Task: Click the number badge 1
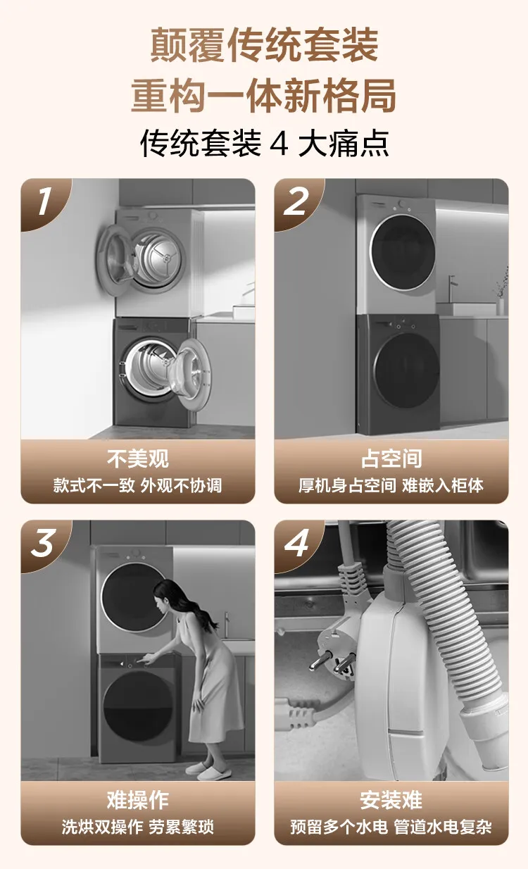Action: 44,201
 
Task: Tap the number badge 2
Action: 296,201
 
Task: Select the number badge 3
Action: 43,543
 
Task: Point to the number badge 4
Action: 296,543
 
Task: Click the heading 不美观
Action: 138,458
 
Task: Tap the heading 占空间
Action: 391,458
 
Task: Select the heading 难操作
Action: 138,800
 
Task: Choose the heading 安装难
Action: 391,800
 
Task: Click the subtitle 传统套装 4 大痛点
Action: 264,143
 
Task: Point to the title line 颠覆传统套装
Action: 264,44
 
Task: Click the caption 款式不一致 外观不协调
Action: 138,485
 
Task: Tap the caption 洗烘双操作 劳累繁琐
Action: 138,827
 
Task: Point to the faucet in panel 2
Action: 452,288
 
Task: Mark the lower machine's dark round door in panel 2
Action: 408,370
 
